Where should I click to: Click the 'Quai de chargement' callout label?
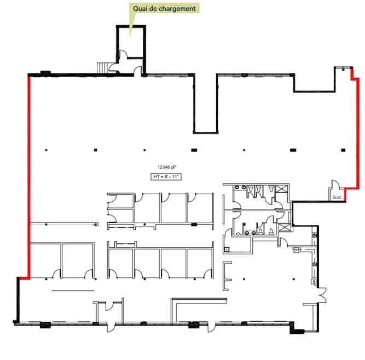164,9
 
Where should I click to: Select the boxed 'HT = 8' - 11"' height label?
165,176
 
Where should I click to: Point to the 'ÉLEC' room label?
337,197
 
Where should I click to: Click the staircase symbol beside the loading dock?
103,67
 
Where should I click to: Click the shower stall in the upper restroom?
282,190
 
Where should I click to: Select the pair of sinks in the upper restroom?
254,190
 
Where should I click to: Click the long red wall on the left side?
28,175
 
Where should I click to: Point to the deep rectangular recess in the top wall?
206,104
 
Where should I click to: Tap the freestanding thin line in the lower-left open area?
73,291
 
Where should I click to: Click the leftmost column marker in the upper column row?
47,149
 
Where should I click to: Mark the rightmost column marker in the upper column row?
343,149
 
